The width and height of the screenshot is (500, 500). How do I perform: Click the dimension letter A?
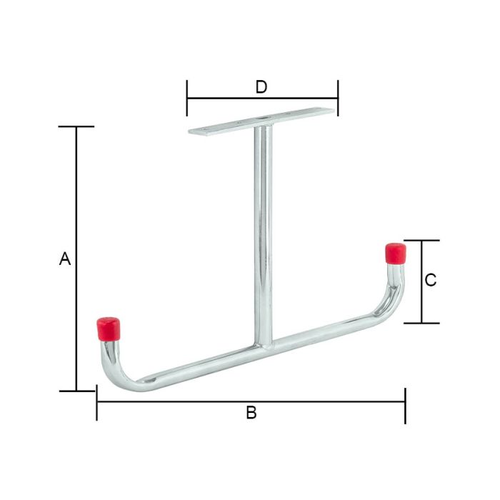pyautogui.click(x=65, y=259)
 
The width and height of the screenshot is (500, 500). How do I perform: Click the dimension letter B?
pyautogui.click(x=251, y=413)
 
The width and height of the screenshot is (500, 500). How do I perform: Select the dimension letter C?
pyautogui.click(x=431, y=281)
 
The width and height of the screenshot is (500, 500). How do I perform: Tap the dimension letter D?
pyautogui.click(x=261, y=87)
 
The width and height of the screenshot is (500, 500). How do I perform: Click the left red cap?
pyautogui.click(x=109, y=329)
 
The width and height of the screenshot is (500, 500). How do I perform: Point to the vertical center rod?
pyautogui.click(x=262, y=229)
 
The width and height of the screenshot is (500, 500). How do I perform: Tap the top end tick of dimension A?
pyautogui.click(x=76, y=126)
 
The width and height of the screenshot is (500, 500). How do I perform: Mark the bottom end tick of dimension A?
pyautogui.click(x=76, y=391)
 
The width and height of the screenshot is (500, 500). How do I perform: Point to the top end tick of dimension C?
pyautogui.click(x=421, y=241)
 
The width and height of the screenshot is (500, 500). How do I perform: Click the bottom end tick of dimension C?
pyautogui.click(x=421, y=323)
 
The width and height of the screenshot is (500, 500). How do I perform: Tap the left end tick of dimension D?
pyautogui.click(x=187, y=98)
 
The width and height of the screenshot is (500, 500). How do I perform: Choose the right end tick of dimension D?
pyautogui.click(x=338, y=98)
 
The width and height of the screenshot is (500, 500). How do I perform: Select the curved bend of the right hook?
pyautogui.click(x=393, y=306)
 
